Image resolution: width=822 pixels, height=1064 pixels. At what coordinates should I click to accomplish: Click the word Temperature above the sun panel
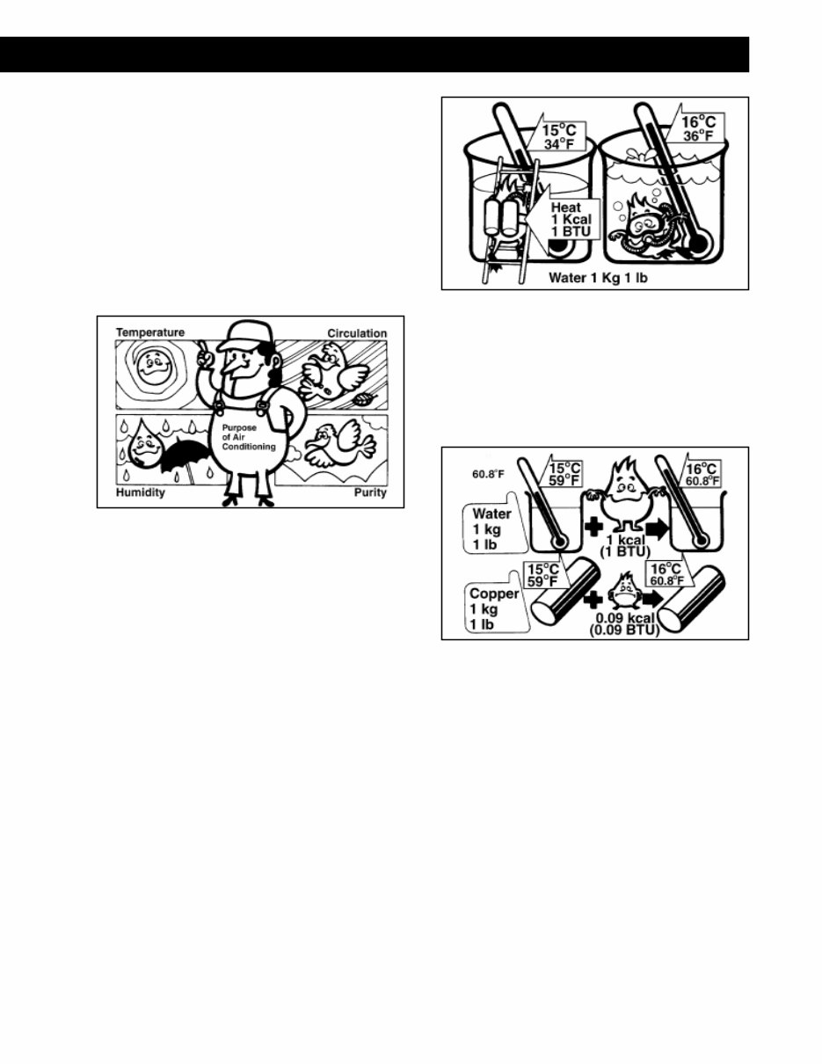point(150,332)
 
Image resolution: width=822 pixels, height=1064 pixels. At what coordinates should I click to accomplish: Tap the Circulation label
point(357,333)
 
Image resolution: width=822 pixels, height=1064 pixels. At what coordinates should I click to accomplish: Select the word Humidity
point(141,492)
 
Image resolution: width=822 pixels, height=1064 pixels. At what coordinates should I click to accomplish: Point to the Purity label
point(371,492)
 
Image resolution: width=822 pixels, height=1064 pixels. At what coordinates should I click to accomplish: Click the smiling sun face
point(156,367)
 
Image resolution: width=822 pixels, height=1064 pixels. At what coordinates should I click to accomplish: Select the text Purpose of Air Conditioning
point(248,437)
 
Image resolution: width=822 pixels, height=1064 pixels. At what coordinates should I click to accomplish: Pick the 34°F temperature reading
point(558,144)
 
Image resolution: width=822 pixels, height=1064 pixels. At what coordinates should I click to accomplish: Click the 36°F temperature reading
point(698,136)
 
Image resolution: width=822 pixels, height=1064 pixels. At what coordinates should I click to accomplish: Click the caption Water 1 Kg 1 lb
point(598,278)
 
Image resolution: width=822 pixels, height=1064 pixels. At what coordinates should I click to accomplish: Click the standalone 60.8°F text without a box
point(488,474)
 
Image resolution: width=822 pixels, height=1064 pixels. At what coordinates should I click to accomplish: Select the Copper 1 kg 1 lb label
point(493,609)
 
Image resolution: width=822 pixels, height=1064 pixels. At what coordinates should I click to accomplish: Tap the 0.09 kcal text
point(625,618)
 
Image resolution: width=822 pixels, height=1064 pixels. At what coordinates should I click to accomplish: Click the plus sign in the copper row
point(593,601)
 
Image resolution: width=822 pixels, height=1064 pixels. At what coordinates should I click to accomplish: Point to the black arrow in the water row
point(657,528)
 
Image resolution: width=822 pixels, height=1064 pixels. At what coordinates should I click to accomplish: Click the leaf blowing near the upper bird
point(364,399)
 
